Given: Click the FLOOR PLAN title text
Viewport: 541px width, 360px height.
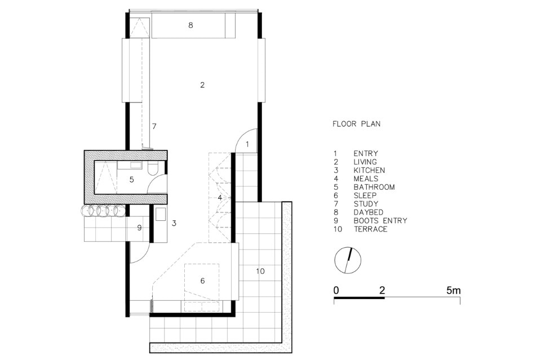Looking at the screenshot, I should coord(356,124).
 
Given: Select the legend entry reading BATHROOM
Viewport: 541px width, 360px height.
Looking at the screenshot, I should coord(374,187).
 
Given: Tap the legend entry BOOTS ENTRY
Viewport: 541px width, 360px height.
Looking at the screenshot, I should coord(380,221).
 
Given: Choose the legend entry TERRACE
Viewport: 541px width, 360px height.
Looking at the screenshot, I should coord(370,229).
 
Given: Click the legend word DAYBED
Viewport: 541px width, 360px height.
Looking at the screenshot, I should coord(369,212).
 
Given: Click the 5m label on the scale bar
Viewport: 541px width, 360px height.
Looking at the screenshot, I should coord(453,291).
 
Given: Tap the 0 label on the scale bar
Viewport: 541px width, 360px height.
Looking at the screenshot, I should coord(336,291).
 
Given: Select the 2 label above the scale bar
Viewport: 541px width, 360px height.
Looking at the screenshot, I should coord(383,291).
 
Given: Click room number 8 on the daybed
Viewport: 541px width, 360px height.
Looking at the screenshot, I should coord(190,25).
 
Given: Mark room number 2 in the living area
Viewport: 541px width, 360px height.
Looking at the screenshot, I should coord(202,85).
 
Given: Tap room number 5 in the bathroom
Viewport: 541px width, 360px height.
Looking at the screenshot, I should coord(131,180).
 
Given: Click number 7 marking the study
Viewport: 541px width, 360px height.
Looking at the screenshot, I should coord(153,126).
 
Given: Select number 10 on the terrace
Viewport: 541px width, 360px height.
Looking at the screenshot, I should coord(260,272).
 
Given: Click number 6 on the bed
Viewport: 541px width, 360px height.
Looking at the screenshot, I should coord(202,281).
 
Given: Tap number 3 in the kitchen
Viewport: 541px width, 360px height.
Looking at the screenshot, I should coord(174,223).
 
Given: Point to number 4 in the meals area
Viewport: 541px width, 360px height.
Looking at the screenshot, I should coord(221,198).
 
